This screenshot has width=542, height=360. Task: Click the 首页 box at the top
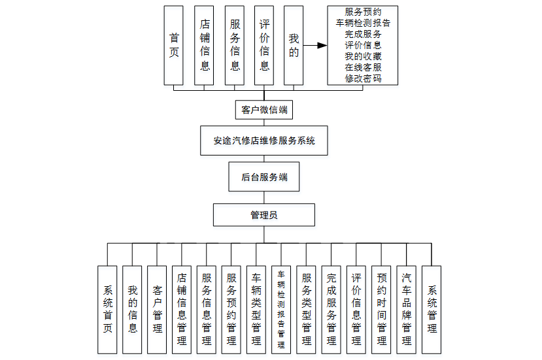tap(174, 46)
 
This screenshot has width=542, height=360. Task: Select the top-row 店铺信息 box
tap(204, 46)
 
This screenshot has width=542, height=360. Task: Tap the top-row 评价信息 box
tap(264, 46)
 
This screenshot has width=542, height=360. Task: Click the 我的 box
tap(294, 46)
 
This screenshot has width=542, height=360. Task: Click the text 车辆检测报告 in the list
tap(363, 23)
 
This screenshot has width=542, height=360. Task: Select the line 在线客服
tap(363, 67)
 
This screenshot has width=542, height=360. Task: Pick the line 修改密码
tap(363, 78)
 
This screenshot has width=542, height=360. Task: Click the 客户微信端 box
tap(264, 110)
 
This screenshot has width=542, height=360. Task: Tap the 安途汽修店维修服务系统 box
tap(264, 140)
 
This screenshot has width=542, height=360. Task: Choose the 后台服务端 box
tap(264, 177)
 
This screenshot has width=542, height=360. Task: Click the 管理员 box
tap(264, 214)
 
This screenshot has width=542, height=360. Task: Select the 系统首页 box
tap(108, 309)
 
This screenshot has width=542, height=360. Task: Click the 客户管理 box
tap(158, 309)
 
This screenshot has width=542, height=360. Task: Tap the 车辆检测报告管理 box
tap(281, 309)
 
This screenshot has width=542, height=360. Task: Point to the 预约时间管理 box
tap(381, 309)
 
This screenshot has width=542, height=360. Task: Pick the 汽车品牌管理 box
tap(407, 309)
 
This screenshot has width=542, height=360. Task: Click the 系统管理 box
tap(432, 309)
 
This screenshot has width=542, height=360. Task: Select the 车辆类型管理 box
tap(256, 309)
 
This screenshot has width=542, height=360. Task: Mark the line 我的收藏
tap(363, 56)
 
